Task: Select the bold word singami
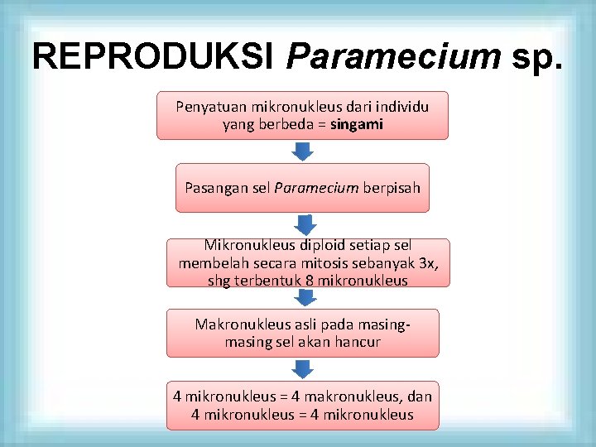[356, 124]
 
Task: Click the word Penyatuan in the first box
[207, 107]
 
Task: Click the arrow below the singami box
[303, 151]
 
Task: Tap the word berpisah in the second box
[392, 188]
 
